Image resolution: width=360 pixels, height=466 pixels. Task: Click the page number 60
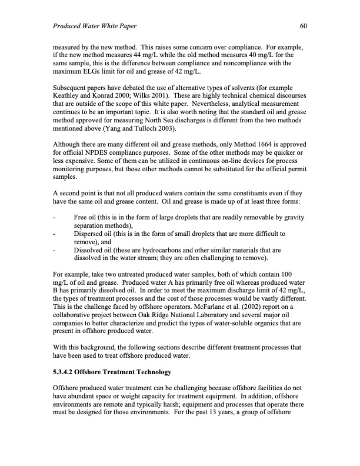click(304, 26)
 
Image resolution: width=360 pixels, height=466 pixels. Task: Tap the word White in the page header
click(111, 26)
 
